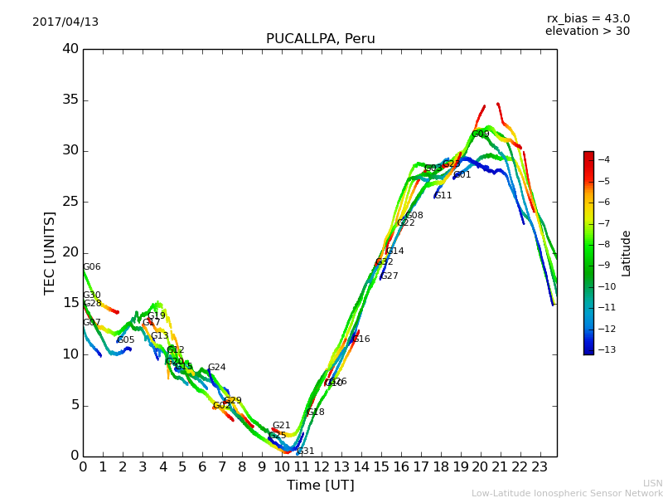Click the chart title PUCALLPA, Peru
(x=320, y=39)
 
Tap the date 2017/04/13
(x=65, y=22)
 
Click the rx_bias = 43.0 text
(x=588, y=19)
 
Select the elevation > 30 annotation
(x=587, y=32)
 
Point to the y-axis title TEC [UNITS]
(x=50, y=252)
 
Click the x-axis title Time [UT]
(x=320, y=486)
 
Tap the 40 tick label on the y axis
(x=70, y=49)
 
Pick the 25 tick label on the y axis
(x=70, y=202)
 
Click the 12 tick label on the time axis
(x=322, y=466)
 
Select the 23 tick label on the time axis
(x=540, y=466)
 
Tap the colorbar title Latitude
(x=627, y=253)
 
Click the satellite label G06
(x=92, y=267)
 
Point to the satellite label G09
(x=481, y=134)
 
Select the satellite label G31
(x=306, y=452)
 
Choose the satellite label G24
(x=216, y=368)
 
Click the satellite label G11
(x=443, y=196)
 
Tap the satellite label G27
(x=390, y=276)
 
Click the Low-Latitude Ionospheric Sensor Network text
(x=567, y=494)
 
